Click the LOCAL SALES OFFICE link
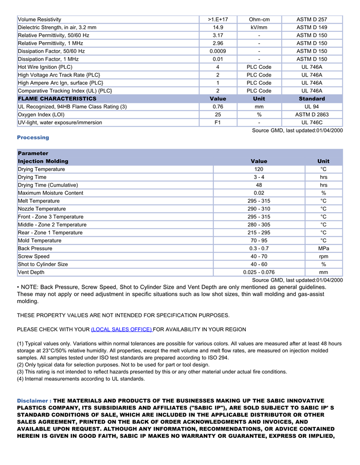click(x=121, y=329)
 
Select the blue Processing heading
click(x=33, y=138)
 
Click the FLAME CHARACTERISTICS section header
click(x=57, y=99)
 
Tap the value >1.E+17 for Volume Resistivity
click(x=218, y=20)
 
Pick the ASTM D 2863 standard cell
click(x=312, y=115)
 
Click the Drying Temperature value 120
click(x=259, y=169)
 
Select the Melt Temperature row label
click(x=39, y=201)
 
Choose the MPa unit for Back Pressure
click(x=323, y=249)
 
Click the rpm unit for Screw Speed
click(x=323, y=256)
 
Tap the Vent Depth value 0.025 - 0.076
click(x=259, y=272)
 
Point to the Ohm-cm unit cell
click(x=259, y=20)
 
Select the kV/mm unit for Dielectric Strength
click(x=259, y=27)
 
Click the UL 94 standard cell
click(x=312, y=107)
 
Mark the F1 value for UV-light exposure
click(x=218, y=123)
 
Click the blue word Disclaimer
click(x=33, y=401)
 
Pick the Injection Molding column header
click(x=43, y=161)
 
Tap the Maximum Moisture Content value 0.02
click(x=259, y=193)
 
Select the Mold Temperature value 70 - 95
click(x=259, y=240)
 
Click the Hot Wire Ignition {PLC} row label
click(x=45, y=67)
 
